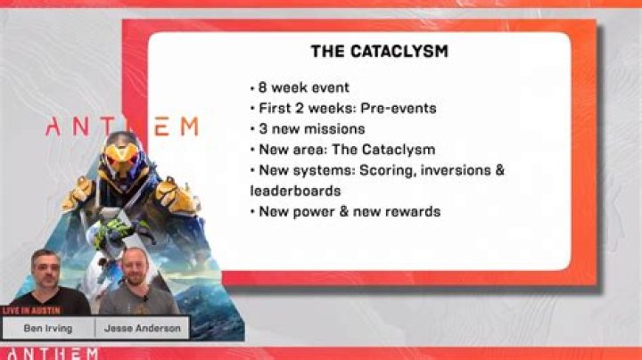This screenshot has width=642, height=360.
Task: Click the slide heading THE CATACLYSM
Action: point(379,52)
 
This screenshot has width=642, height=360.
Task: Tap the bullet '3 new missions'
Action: point(308,128)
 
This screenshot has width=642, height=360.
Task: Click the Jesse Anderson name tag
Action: point(142,328)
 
